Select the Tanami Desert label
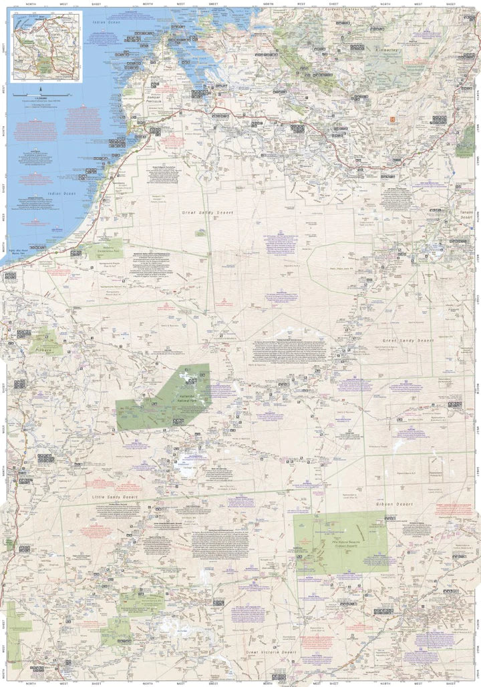466,214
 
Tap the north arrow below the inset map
41,90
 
